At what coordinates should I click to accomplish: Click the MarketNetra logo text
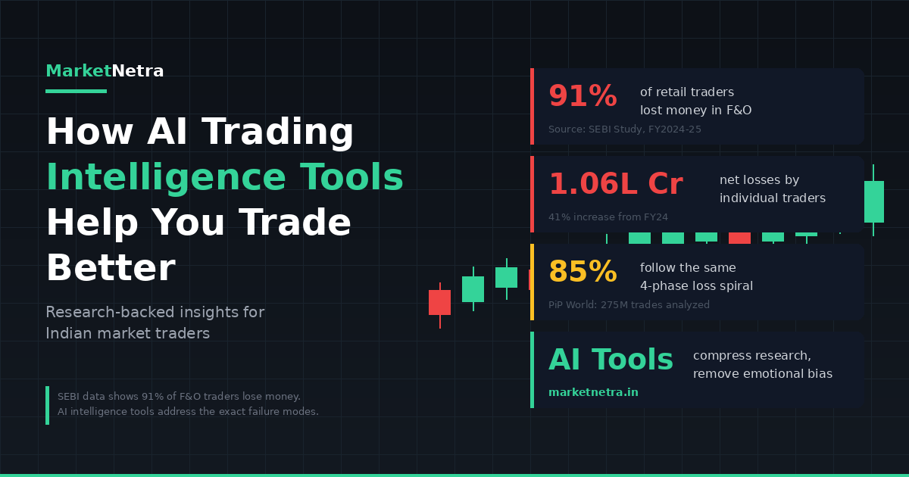click(105, 71)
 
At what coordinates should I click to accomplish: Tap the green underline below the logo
click(77, 92)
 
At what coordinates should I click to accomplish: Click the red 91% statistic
click(583, 95)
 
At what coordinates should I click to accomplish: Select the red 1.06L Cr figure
click(616, 184)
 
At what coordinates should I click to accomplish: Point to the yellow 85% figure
click(583, 271)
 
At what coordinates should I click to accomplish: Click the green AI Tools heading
click(611, 360)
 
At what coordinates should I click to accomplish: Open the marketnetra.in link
click(593, 392)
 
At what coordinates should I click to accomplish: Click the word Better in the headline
click(111, 268)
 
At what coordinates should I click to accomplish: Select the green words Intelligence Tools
click(225, 177)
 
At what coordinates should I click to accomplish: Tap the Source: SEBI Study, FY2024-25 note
click(624, 129)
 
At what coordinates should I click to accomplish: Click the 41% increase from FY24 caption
click(608, 217)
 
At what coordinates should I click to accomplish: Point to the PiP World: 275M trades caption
click(629, 304)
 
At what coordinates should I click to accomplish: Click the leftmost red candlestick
click(440, 303)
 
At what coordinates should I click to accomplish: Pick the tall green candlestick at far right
click(873, 201)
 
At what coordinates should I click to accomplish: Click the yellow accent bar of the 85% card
click(532, 282)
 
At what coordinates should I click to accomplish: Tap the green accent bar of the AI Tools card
click(532, 370)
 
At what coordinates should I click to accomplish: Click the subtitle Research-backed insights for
click(155, 312)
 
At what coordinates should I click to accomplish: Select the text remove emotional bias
click(763, 373)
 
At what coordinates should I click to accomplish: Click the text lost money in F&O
click(695, 111)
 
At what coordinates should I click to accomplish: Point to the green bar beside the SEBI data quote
click(48, 406)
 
